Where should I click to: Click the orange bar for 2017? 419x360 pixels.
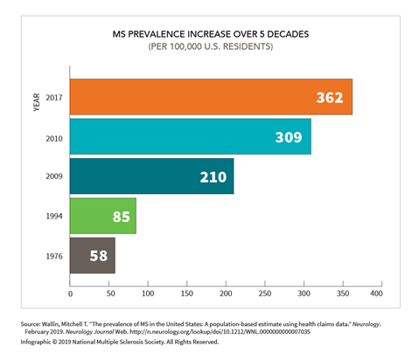pyautogui.click(x=210, y=97)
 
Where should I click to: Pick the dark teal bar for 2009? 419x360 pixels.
pyautogui.click(x=151, y=177)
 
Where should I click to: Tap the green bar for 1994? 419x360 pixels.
pyautogui.click(x=102, y=216)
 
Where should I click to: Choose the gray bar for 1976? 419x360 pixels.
pyautogui.click(x=92, y=255)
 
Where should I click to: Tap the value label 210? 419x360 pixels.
pyautogui.click(x=212, y=177)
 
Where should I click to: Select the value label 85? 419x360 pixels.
pyautogui.click(x=121, y=216)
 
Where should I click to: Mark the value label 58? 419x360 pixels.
pyautogui.click(x=99, y=255)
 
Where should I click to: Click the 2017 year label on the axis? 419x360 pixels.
pyautogui.click(x=54, y=97)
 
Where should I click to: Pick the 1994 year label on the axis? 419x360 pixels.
pyautogui.click(x=54, y=216)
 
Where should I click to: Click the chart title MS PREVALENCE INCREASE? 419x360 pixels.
pyautogui.click(x=209, y=34)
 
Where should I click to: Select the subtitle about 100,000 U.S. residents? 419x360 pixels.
pyautogui.click(x=209, y=47)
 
